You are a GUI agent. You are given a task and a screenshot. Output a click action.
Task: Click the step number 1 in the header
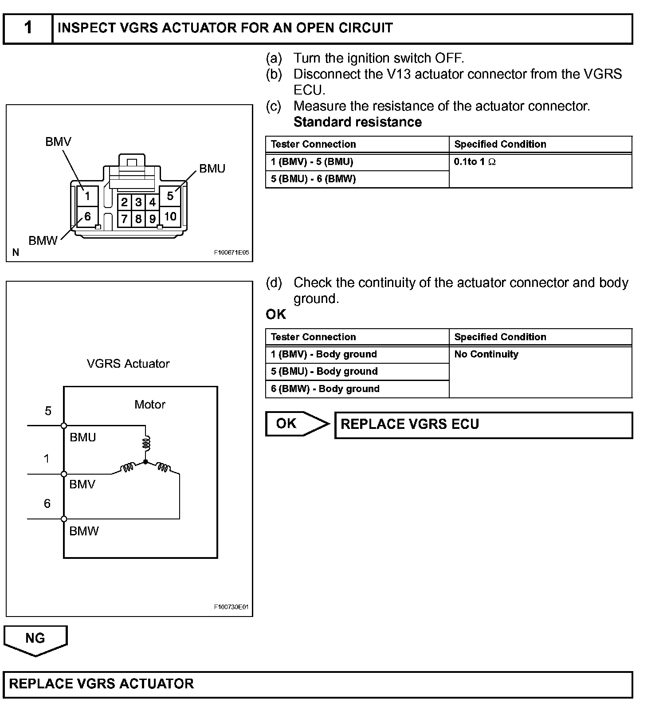pyautogui.click(x=28, y=28)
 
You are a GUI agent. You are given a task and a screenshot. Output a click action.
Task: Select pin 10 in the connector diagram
pyautogui.click(x=170, y=216)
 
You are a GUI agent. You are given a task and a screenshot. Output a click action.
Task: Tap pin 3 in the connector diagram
pyautogui.click(x=138, y=203)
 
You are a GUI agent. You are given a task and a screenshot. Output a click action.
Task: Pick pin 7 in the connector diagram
pyautogui.click(x=124, y=219)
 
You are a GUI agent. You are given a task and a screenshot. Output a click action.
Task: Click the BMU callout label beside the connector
pyautogui.click(x=212, y=169)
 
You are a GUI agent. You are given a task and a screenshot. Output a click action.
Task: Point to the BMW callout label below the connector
pyautogui.click(x=43, y=240)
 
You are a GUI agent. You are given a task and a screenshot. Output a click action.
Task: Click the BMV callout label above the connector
pyautogui.click(x=58, y=141)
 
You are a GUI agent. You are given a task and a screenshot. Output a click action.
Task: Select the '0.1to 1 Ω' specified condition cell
pyautogui.click(x=475, y=162)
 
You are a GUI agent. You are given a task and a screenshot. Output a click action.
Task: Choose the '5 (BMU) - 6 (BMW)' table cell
pyautogui.click(x=313, y=179)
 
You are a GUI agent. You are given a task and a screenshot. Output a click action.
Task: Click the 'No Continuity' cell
pyautogui.click(x=486, y=354)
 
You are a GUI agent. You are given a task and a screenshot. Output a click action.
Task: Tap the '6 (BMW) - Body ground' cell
pyautogui.click(x=325, y=389)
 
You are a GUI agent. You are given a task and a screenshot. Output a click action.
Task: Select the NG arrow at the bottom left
pyautogui.click(x=35, y=640)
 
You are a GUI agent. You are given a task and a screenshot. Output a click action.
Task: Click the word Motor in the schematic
pyautogui.click(x=150, y=405)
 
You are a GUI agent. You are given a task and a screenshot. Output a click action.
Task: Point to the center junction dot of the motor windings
pyautogui.click(x=145, y=462)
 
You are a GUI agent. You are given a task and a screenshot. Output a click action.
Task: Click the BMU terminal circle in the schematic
pyautogui.click(x=64, y=426)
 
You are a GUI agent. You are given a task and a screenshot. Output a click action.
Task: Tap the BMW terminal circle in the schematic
pyautogui.click(x=64, y=519)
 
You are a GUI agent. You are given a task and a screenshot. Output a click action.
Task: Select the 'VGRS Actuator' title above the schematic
pyautogui.click(x=128, y=364)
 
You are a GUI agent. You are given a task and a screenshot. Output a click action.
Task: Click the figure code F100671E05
pyautogui.click(x=231, y=252)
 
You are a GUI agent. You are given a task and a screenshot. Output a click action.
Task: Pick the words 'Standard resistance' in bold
pyautogui.click(x=357, y=122)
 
